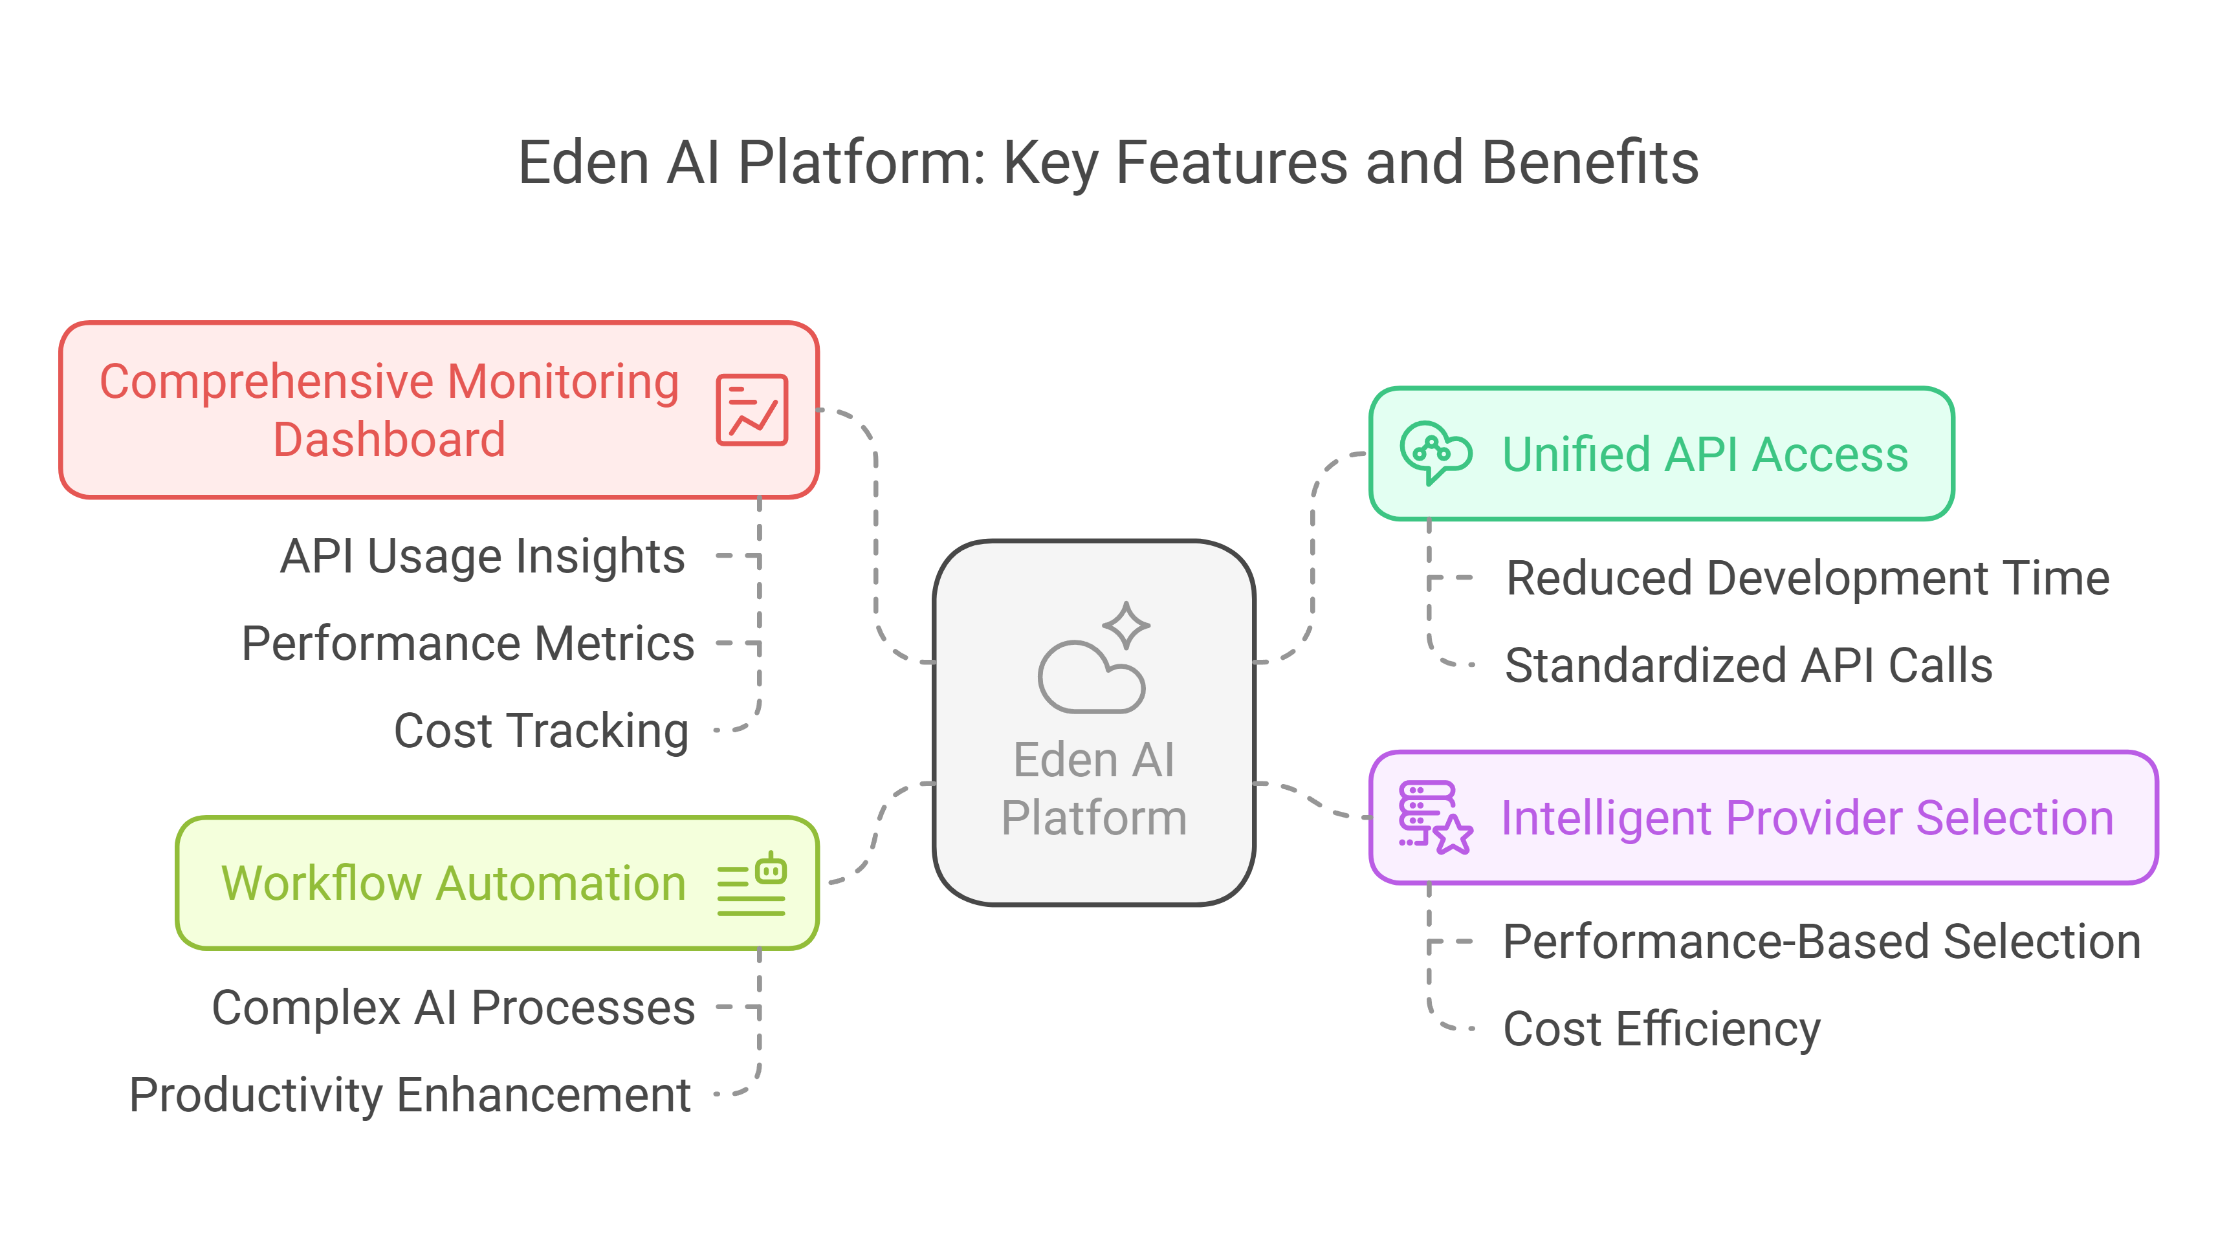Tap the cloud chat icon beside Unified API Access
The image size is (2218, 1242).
(x=1434, y=453)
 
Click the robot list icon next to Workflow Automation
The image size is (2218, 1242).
(x=752, y=884)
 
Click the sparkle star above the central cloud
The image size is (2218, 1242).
(x=1125, y=625)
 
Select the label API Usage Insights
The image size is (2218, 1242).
(x=482, y=556)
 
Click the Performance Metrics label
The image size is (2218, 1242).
(x=468, y=643)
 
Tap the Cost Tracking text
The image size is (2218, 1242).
(x=541, y=731)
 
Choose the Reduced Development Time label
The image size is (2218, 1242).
(x=1806, y=578)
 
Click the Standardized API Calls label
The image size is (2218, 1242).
(x=1748, y=666)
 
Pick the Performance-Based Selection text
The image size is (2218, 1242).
(x=1821, y=942)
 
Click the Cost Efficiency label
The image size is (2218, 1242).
(x=1661, y=1029)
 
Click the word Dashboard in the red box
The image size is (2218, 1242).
(x=388, y=440)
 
